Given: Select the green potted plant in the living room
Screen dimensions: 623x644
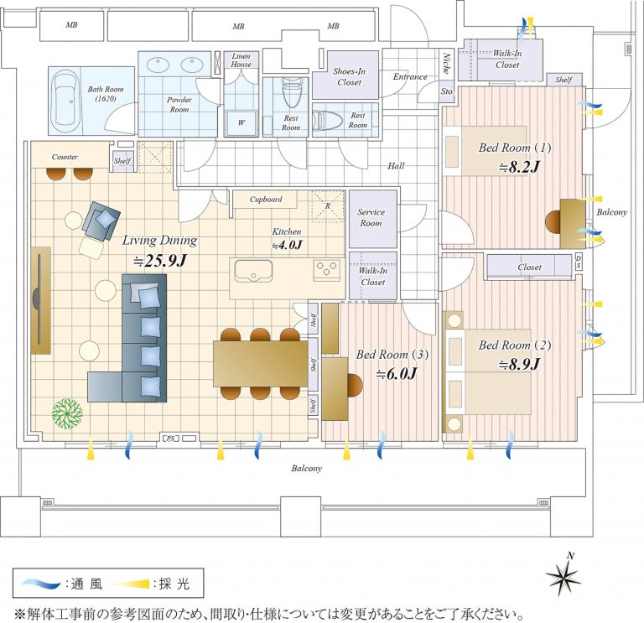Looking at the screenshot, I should pos(67,413).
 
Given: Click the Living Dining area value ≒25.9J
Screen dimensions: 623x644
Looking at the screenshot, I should pos(158,261).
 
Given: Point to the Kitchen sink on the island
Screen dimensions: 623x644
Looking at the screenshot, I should pos(252,272).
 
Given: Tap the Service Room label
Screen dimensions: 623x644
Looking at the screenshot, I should pos(371,218).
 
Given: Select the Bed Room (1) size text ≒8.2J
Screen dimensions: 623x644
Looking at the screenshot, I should pos(519,167).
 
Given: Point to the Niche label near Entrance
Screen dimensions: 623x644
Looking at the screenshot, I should pos(445,65).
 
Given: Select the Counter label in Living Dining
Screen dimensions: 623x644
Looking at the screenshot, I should pos(65,157).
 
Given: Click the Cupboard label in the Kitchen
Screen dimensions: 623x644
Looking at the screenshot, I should pos(266,200).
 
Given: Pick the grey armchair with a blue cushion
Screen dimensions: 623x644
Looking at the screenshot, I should pos(100,223).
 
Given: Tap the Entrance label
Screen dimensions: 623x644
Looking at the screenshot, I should pos(410,76).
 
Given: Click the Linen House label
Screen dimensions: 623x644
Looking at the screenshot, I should pos(241,60).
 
